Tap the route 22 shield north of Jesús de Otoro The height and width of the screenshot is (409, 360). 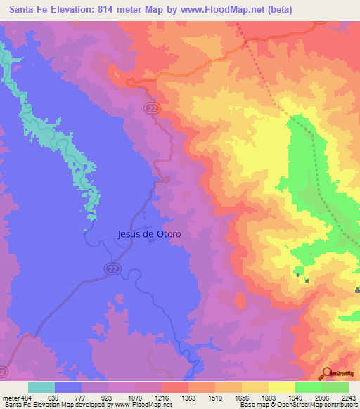click(x=152, y=107)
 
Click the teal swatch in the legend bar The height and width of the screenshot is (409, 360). click(x=41, y=387)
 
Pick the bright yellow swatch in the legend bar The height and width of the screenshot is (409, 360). click(x=281, y=387)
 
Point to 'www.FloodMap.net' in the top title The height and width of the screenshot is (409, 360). click(x=224, y=9)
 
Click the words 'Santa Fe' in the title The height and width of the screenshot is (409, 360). click(x=26, y=9)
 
